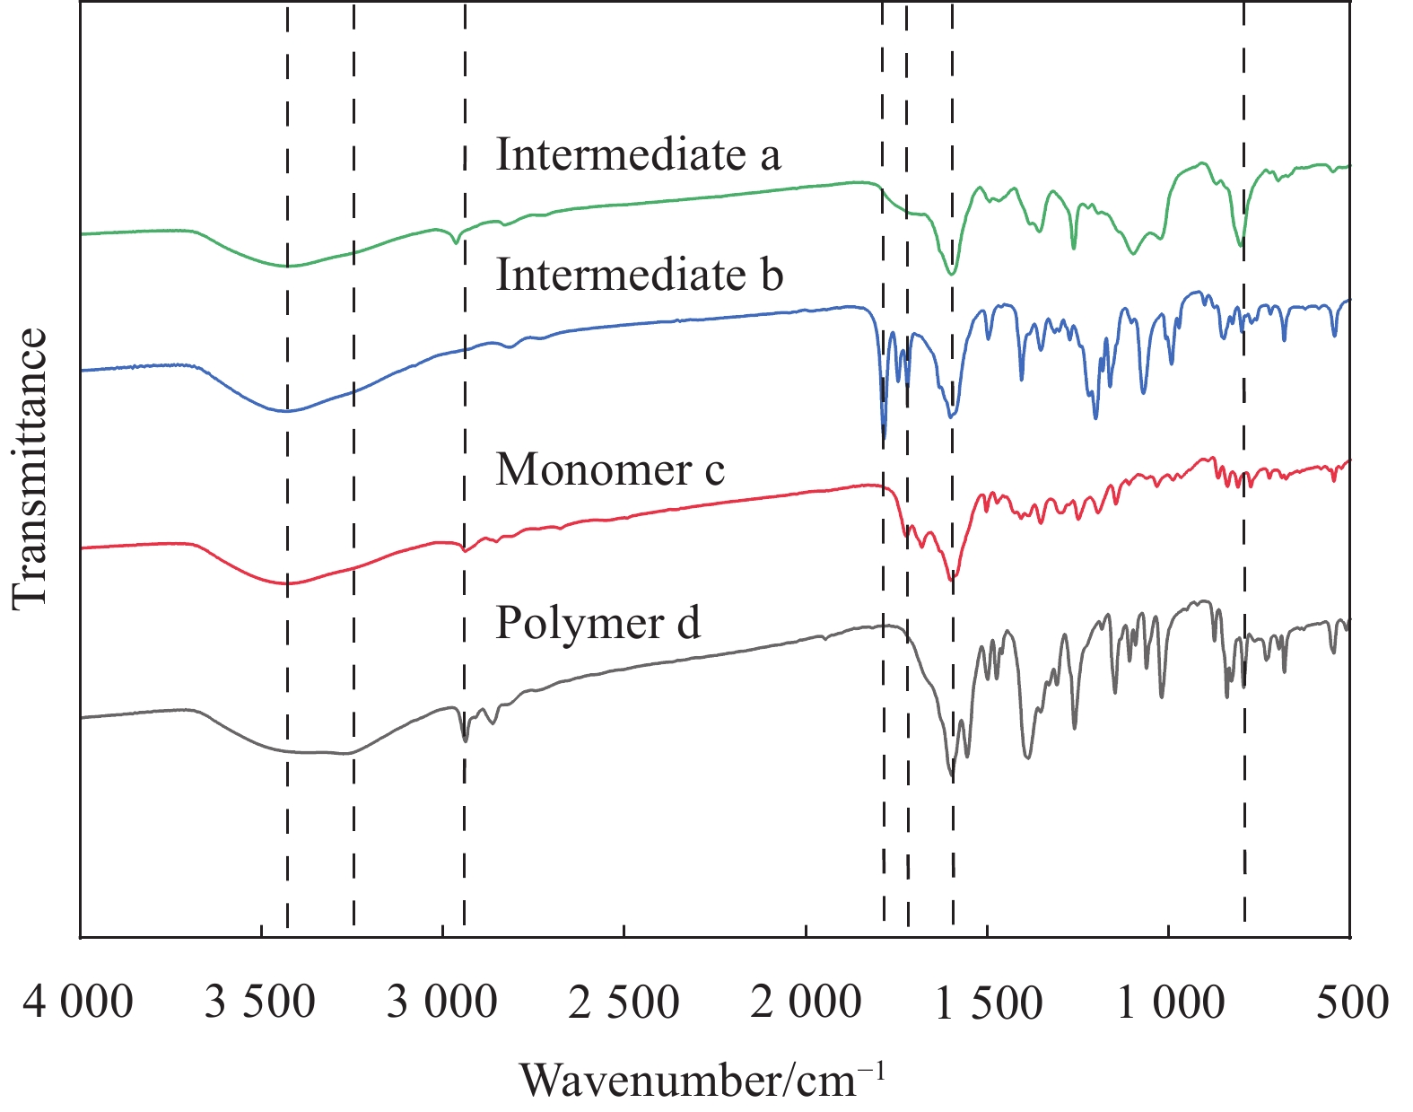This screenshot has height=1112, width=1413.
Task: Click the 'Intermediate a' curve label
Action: click(x=638, y=155)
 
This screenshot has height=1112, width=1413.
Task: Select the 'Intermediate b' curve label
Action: click(x=639, y=275)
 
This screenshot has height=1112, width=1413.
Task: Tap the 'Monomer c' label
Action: click(x=610, y=469)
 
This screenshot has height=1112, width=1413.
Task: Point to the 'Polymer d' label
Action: click(x=597, y=623)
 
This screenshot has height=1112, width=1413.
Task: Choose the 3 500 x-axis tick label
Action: click(x=260, y=1003)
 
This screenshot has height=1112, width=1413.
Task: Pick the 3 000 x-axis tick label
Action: click(x=441, y=1003)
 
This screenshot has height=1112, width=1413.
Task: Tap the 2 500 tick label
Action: click(x=624, y=1003)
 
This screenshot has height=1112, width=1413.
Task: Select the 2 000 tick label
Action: click(x=806, y=1003)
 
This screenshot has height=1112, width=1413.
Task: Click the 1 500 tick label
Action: click(x=988, y=1003)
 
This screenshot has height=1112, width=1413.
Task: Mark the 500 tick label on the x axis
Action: click(x=1352, y=1003)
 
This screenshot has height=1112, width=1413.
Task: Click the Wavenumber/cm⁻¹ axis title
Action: click(x=702, y=1080)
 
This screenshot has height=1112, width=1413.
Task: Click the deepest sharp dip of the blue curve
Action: click(x=884, y=439)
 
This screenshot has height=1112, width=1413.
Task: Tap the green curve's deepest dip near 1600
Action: click(x=952, y=273)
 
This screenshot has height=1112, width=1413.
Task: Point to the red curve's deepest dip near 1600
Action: click(x=953, y=578)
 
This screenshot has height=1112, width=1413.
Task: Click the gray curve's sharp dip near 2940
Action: click(x=464, y=740)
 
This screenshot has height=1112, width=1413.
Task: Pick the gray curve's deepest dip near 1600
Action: click(x=952, y=777)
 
